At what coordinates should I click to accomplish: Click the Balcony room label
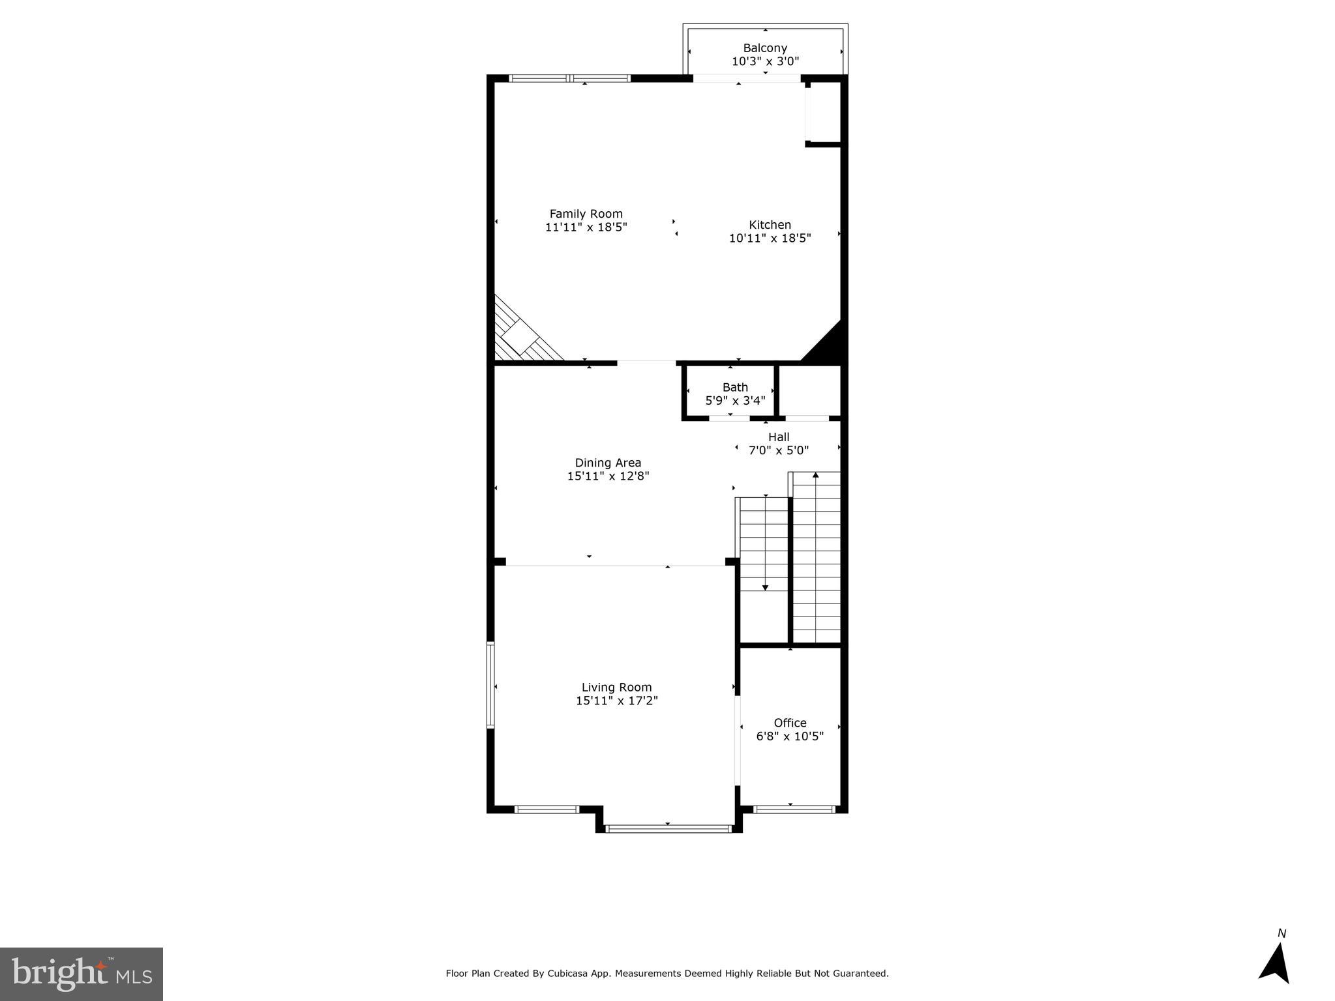point(765,48)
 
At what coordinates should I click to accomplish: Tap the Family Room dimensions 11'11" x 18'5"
point(586,227)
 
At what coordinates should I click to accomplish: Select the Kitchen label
point(770,225)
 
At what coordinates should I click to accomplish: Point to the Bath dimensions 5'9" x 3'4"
point(735,401)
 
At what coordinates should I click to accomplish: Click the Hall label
point(779,437)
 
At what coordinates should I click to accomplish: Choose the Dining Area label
point(608,463)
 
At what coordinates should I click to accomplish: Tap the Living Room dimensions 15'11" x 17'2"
point(616,701)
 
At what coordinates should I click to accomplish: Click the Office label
point(790,723)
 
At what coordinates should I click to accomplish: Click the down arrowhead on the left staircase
point(765,588)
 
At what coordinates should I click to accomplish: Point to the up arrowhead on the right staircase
point(815,475)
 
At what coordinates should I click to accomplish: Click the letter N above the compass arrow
point(1282,934)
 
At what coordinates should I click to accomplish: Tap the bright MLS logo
point(82,974)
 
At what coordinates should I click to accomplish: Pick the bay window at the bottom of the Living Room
point(667,829)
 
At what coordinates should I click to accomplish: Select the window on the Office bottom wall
point(793,809)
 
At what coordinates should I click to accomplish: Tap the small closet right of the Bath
point(809,390)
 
